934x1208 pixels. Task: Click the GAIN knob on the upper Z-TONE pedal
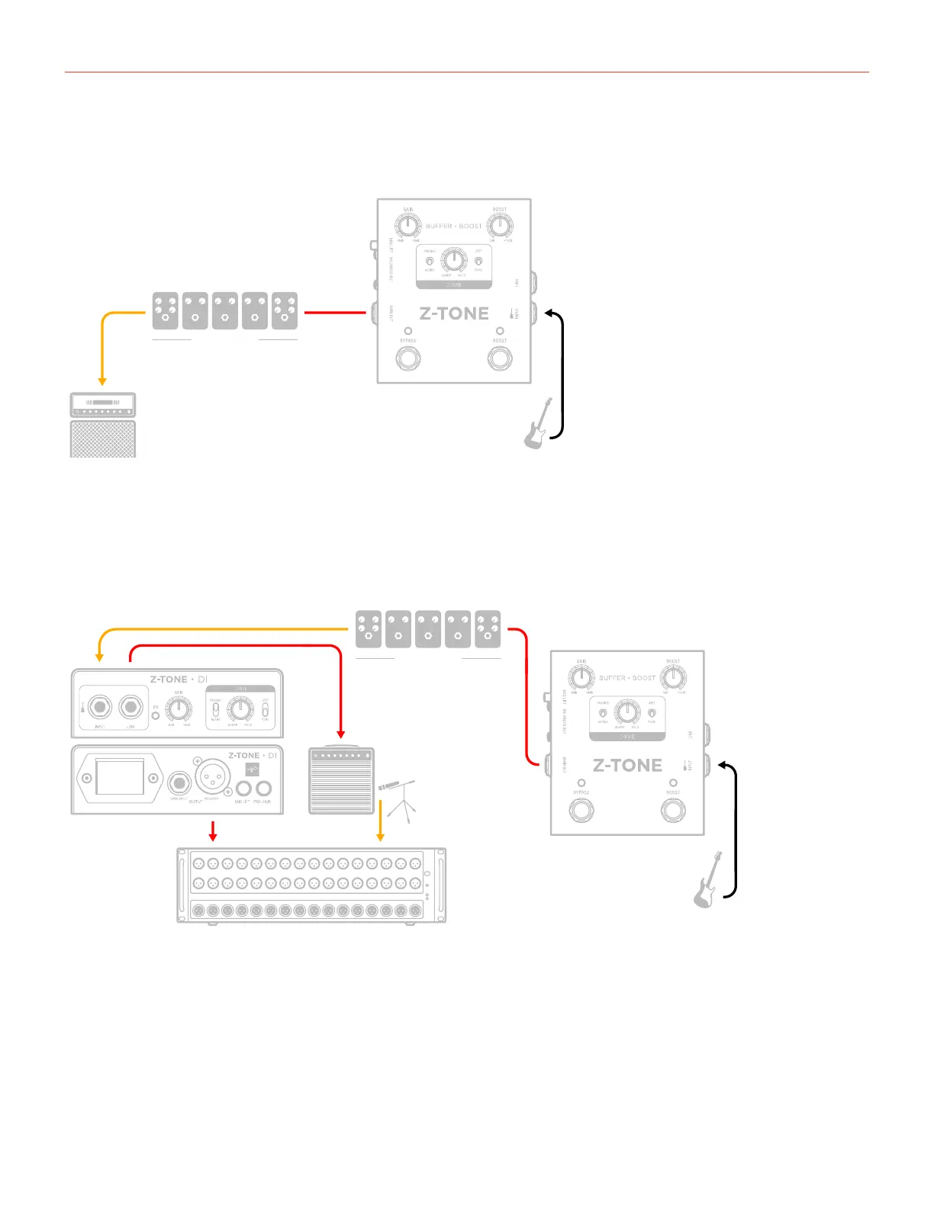(x=408, y=226)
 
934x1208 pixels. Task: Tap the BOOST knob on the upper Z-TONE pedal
(x=500, y=226)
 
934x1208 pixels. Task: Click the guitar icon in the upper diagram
(x=537, y=424)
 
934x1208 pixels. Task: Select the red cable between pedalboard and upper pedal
(x=335, y=312)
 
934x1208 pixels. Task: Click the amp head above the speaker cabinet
(x=103, y=404)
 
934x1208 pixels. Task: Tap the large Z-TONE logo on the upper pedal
(x=454, y=313)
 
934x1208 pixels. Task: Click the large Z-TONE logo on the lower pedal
(x=627, y=765)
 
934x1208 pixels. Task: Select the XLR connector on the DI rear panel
(x=211, y=779)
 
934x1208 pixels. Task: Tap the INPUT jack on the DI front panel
(x=99, y=708)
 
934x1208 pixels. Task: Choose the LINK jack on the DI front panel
(x=131, y=708)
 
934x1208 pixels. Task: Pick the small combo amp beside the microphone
(x=341, y=780)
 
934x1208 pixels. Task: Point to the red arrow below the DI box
(x=214, y=830)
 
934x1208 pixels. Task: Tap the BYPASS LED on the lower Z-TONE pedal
(x=581, y=782)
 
